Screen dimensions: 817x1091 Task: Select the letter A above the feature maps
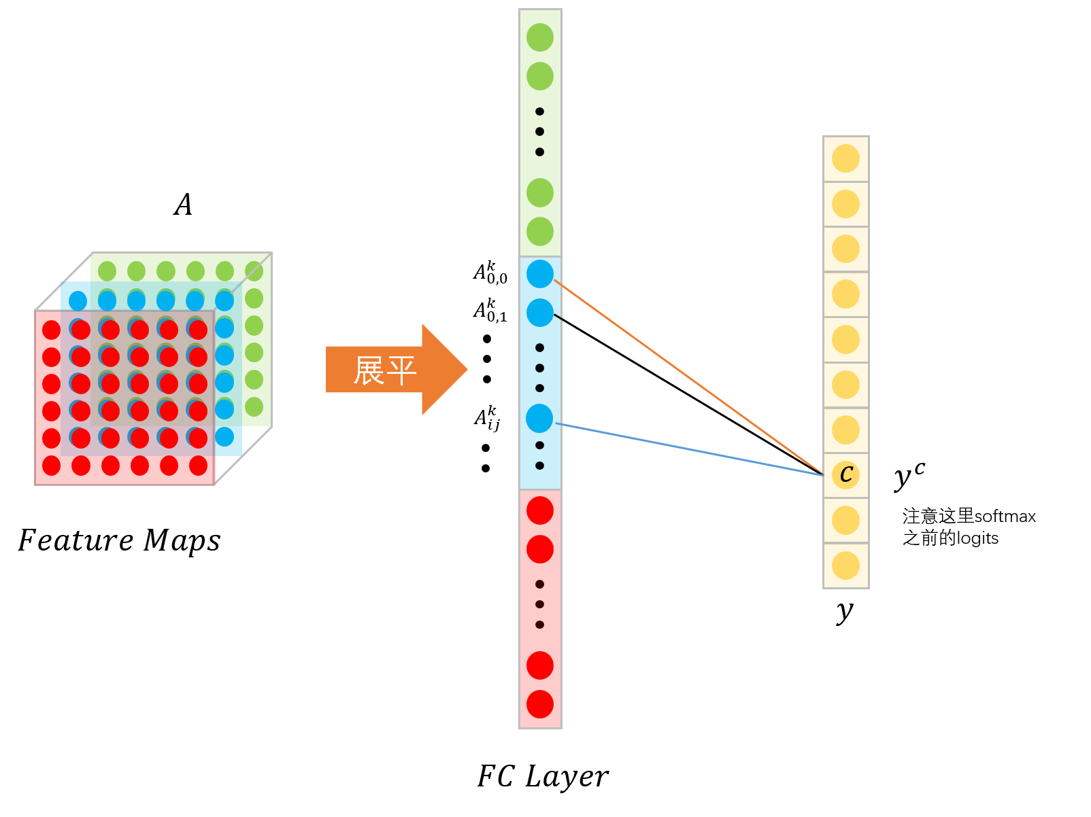pos(183,205)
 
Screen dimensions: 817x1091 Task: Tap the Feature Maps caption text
pos(120,541)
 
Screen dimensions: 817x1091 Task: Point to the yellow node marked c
pos(845,474)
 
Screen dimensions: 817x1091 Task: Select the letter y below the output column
pos(844,611)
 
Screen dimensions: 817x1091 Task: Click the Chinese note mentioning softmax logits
pos(968,527)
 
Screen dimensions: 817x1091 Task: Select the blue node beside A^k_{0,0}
pos(540,274)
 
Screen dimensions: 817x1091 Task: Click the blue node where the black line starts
pos(540,313)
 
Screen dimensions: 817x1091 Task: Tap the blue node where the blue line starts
pos(539,419)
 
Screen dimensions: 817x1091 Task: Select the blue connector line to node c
pos(687,449)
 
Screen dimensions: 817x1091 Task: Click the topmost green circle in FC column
pos(540,37)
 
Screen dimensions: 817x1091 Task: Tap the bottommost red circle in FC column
pos(540,704)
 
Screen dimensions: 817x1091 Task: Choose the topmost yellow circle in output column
pos(845,158)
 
